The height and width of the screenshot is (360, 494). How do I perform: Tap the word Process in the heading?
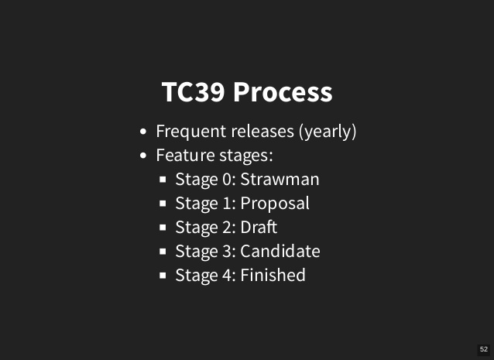point(283,91)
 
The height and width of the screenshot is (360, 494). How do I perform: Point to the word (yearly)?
point(328,132)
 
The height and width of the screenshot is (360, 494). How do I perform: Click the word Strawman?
point(280,180)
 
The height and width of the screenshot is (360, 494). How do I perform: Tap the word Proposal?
point(275,204)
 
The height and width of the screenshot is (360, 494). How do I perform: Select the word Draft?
point(259,228)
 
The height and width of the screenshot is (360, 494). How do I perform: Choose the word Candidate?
point(280,252)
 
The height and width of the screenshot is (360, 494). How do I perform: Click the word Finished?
point(273,276)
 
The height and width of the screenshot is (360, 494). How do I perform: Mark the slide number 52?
point(484,349)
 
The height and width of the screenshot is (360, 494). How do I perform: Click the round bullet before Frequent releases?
point(143,132)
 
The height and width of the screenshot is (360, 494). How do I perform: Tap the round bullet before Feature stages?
point(143,156)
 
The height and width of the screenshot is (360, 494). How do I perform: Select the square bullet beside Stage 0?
point(163,180)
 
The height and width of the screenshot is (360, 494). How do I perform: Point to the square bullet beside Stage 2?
point(163,228)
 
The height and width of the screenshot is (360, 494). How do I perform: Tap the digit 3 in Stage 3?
point(227,252)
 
